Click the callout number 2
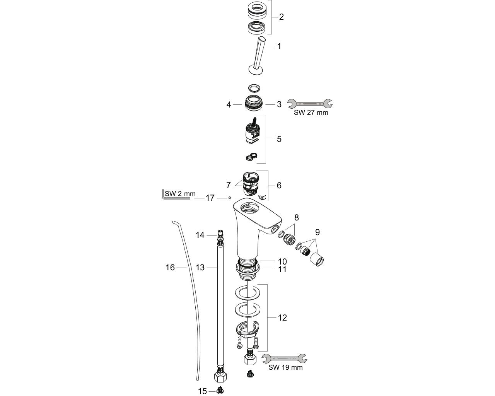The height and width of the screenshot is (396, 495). tap(281, 17)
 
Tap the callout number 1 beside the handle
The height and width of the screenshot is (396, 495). tap(279, 46)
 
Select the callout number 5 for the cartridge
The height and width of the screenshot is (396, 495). tap(279, 139)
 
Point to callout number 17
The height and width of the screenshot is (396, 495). tap(210, 198)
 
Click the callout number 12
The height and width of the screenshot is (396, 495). tap(282, 318)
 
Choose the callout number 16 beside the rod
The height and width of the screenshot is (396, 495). tap(170, 267)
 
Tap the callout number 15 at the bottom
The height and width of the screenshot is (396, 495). tap(202, 391)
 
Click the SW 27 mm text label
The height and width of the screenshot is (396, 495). tap(311, 113)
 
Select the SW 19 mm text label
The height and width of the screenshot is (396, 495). tap(285, 367)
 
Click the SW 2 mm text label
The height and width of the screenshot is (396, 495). tap(180, 194)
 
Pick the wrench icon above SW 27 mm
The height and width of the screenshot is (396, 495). tap(310, 104)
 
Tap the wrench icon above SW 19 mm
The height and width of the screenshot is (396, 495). tap(284, 358)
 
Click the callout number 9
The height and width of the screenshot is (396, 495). tap(317, 232)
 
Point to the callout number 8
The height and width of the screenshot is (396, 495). tap(297, 217)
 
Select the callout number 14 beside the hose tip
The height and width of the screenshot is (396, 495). tap(200, 235)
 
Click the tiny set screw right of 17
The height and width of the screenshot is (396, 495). tap(230, 198)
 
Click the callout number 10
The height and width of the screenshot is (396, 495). tap(282, 262)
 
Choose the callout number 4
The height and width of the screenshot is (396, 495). tap(229, 105)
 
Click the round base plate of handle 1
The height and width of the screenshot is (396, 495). tap(256, 70)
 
